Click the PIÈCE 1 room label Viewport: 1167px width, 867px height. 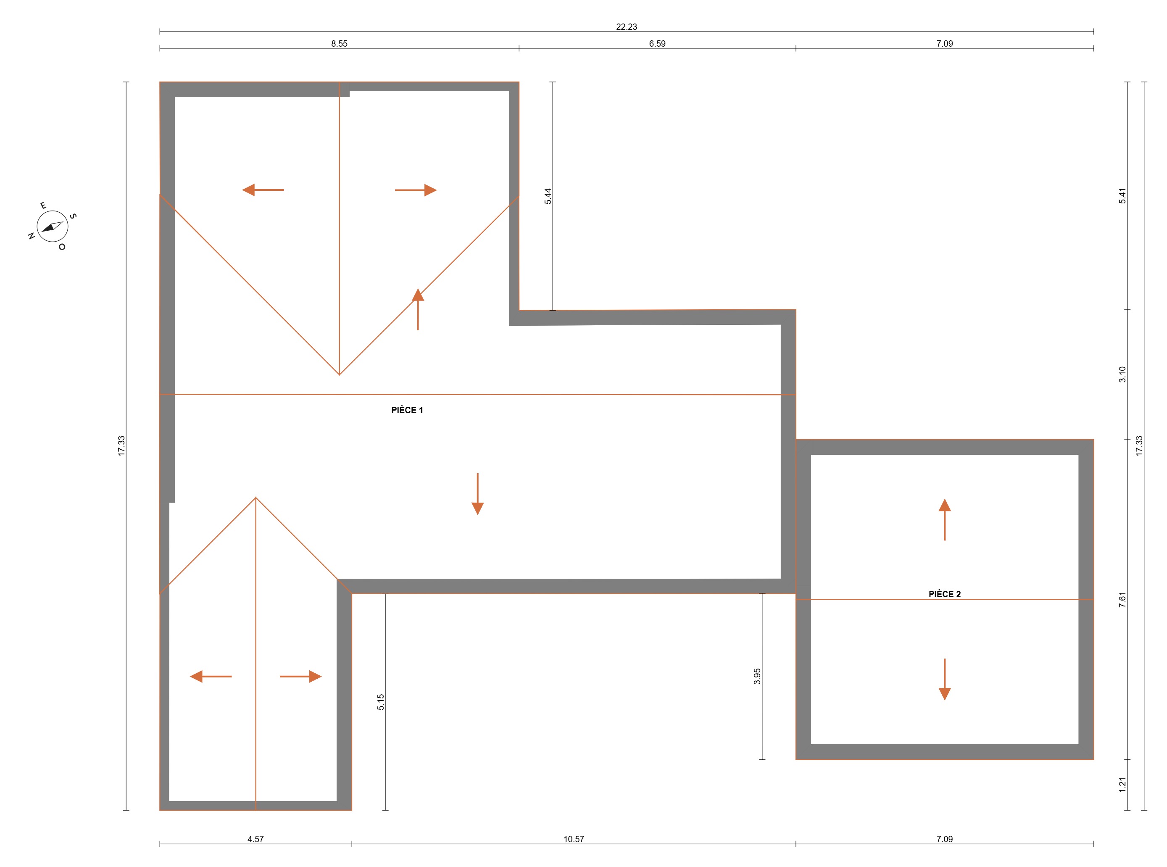[407, 410]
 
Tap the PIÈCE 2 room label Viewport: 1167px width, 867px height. [945, 594]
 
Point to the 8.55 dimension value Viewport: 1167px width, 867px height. [339, 44]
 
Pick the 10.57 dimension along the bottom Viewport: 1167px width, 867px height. [574, 839]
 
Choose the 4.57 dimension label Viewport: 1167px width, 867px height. [256, 839]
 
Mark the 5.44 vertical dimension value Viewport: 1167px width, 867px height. [548, 196]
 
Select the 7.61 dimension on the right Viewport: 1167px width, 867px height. [1122, 600]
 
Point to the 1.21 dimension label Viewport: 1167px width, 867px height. [1122, 785]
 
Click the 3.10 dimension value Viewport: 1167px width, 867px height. [1122, 374]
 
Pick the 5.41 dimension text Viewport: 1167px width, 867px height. [1122, 196]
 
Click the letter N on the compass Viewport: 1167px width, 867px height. [32, 236]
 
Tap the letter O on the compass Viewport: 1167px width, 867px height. [62, 247]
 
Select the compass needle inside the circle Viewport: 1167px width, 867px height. [53, 227]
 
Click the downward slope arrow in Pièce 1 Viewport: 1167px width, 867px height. [477, 494]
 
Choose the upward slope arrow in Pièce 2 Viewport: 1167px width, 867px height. [945, 519]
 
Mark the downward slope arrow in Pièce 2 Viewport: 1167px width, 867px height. [945, 680]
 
